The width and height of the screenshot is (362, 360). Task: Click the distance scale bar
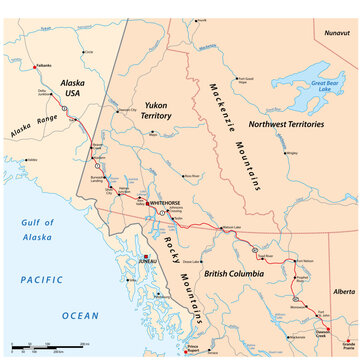click(x=35, y=347)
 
